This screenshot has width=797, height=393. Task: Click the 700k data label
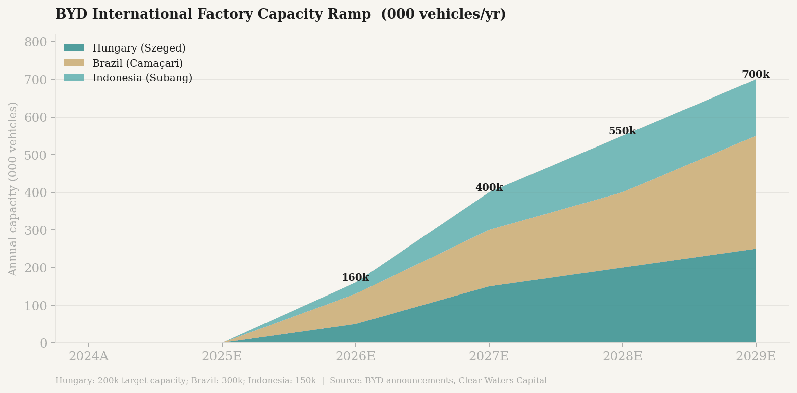(755, 75)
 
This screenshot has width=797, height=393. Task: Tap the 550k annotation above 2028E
(622, 131)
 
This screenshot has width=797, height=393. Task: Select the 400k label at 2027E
(489, 188)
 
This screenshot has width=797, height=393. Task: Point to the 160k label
(355, 278)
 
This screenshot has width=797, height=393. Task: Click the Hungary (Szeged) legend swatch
(74, 48)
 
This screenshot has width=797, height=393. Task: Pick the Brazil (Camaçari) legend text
(137, 63)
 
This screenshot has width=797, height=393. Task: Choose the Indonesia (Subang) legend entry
(142, 78)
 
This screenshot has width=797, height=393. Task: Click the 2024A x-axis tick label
(88, 356)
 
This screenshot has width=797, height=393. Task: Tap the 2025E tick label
(222, 356)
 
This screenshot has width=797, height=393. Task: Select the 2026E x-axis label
(355, 356)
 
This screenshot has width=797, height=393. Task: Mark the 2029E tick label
(755, 356)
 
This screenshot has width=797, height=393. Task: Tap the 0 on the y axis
(43, 343)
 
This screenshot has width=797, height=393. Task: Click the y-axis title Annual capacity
(13, 189)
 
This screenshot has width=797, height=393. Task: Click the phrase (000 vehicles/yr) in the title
(443, 14)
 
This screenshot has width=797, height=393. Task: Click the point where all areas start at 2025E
(222, 343)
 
